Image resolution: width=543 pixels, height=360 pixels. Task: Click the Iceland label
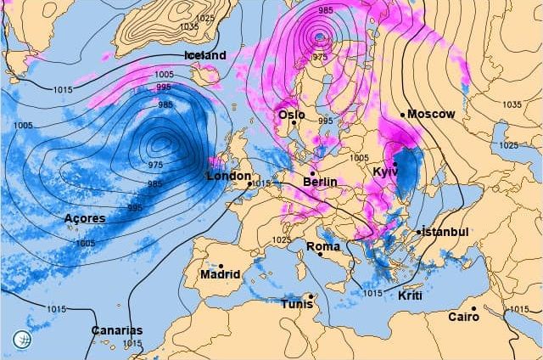click(x=205, y=55)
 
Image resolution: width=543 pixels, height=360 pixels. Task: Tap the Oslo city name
click(x=291, y=115)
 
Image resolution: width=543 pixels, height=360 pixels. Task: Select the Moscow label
click(x=431, y=114)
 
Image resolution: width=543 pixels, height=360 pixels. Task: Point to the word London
click(x=228, y=176)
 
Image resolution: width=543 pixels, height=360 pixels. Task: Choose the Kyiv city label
click(x=385, y=172)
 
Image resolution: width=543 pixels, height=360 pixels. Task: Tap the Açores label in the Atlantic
click(x=85, y=219)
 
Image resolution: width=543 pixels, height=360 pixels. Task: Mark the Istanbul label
click(x=445, y=232)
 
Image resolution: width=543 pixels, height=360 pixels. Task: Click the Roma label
click(x=322, y=247)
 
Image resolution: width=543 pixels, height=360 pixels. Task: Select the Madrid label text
click(x=220, y=274)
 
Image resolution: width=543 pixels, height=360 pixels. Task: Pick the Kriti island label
click(x=410, y=295)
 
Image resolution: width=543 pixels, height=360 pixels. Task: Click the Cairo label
click(x=463, y=317)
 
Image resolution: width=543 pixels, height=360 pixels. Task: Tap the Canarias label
click(x=118, y=330)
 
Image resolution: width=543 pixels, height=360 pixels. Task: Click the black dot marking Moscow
click(x=402, y=115)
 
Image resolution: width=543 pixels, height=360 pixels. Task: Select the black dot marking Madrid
click(x=221, y=264)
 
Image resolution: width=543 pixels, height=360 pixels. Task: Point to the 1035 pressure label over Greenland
click(x=189, y=27)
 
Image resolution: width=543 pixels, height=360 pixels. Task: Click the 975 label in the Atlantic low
click(x=155, y=165)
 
